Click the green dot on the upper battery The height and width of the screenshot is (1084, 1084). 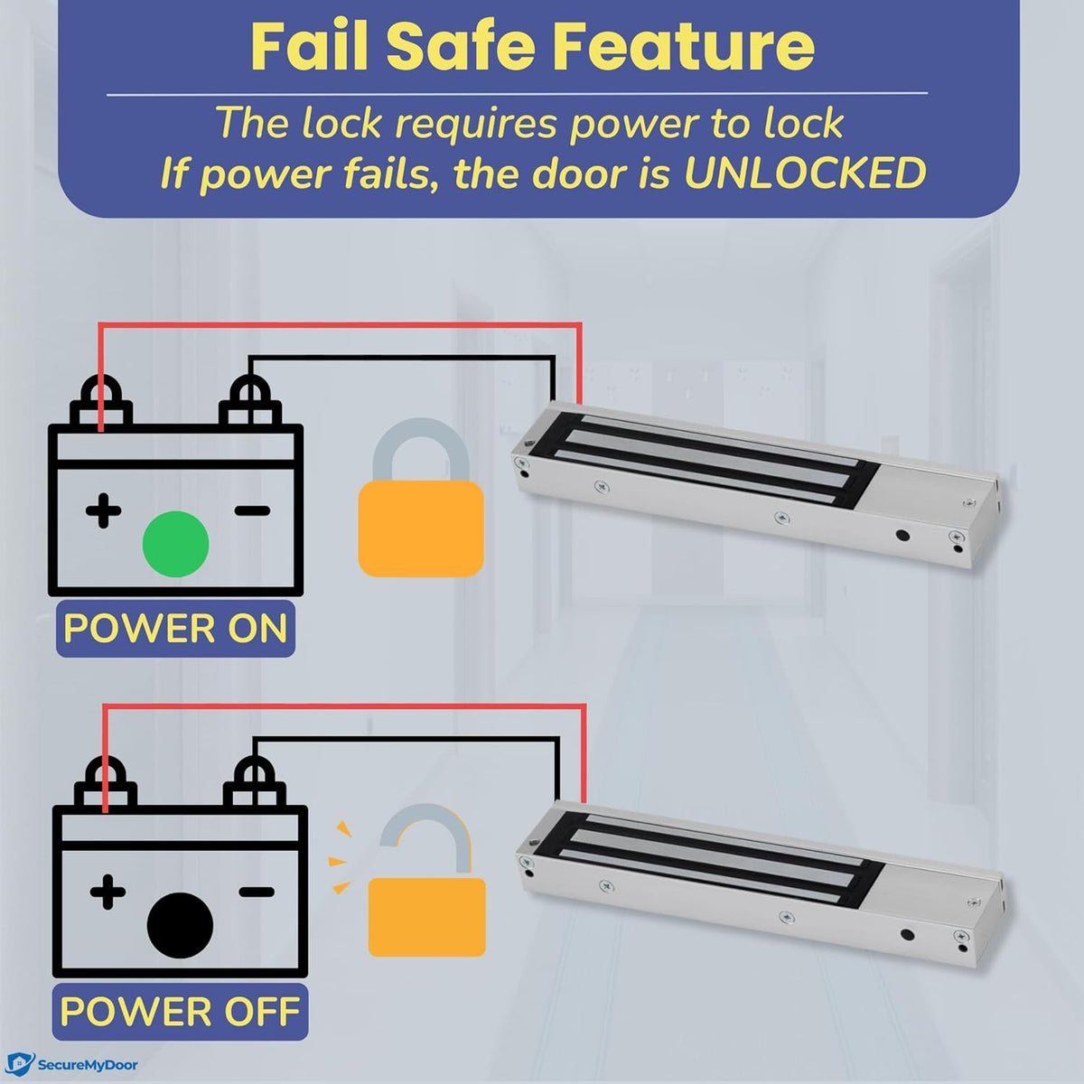click(x=176, y=544)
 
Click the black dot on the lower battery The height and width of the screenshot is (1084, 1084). click(x=180, y=925)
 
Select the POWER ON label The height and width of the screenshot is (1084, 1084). click(x=175, y=628)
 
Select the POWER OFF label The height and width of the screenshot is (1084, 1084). click(x=180, y=1011)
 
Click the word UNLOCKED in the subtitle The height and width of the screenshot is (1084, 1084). click(x=805, y=173)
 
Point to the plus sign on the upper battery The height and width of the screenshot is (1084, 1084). click(x=104, y=510)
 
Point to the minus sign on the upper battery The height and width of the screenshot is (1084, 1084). click(x=252, y=510)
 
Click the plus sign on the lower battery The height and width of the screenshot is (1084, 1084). click(x=107, y=892)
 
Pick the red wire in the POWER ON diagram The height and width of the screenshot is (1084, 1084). click(x=343, y=327)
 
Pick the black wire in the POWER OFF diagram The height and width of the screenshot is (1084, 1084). click(x=406, y=738)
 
